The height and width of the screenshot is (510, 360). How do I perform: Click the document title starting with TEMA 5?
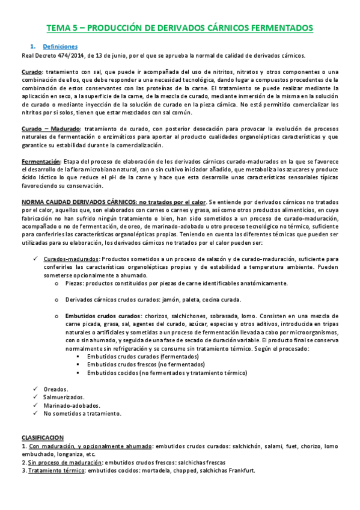[x=180, y=28]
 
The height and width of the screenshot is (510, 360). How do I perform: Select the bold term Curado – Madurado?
[x=50, y=129]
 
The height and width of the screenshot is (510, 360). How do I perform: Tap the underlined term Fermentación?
[x=41, y=162]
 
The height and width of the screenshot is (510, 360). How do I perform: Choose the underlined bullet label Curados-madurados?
[x=67, y=258]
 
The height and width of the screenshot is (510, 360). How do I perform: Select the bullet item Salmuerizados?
[x=64, y=397]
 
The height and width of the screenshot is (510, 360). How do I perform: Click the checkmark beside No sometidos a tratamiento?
[x=36, y=414]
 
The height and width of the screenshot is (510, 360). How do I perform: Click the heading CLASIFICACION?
[x=43, y=438]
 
